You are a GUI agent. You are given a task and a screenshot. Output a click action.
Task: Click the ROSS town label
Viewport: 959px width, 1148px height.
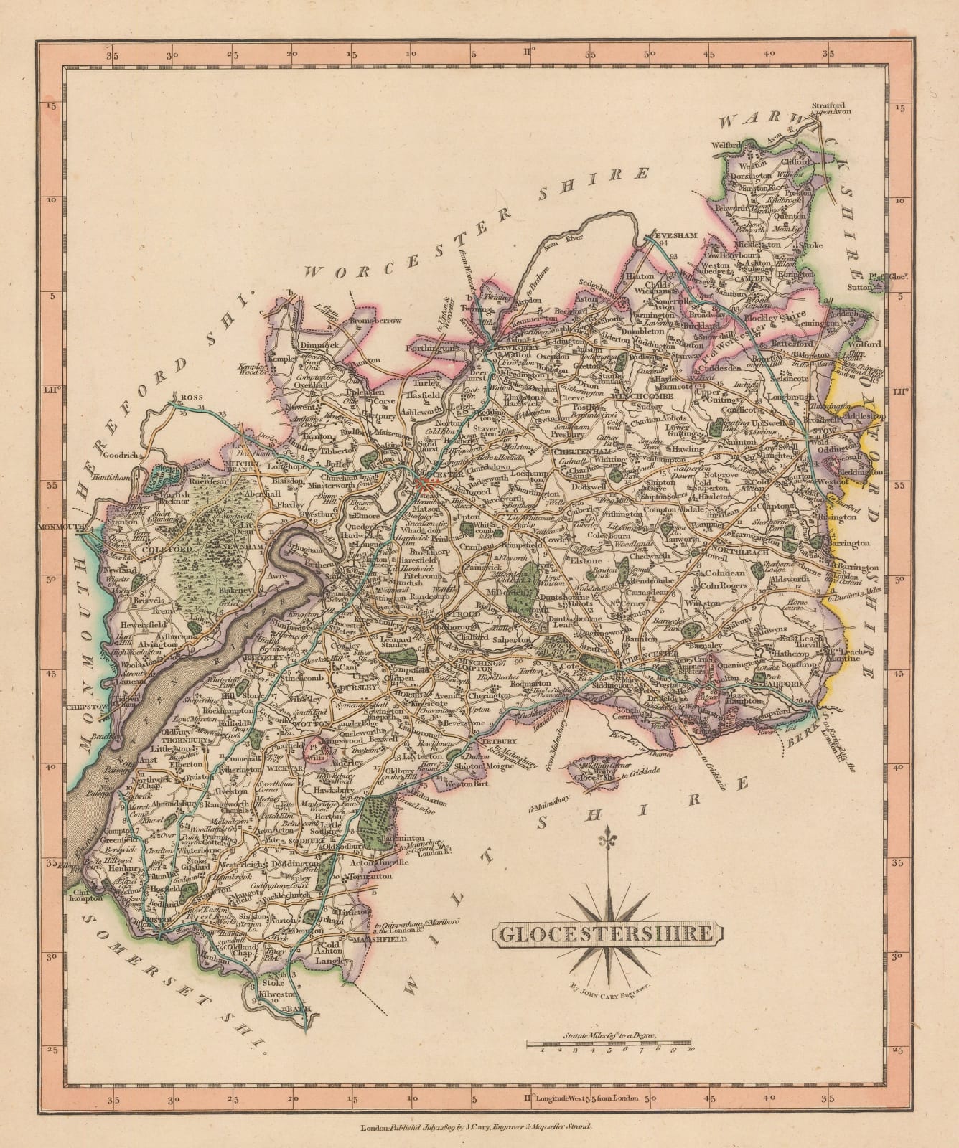(189, 396)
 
